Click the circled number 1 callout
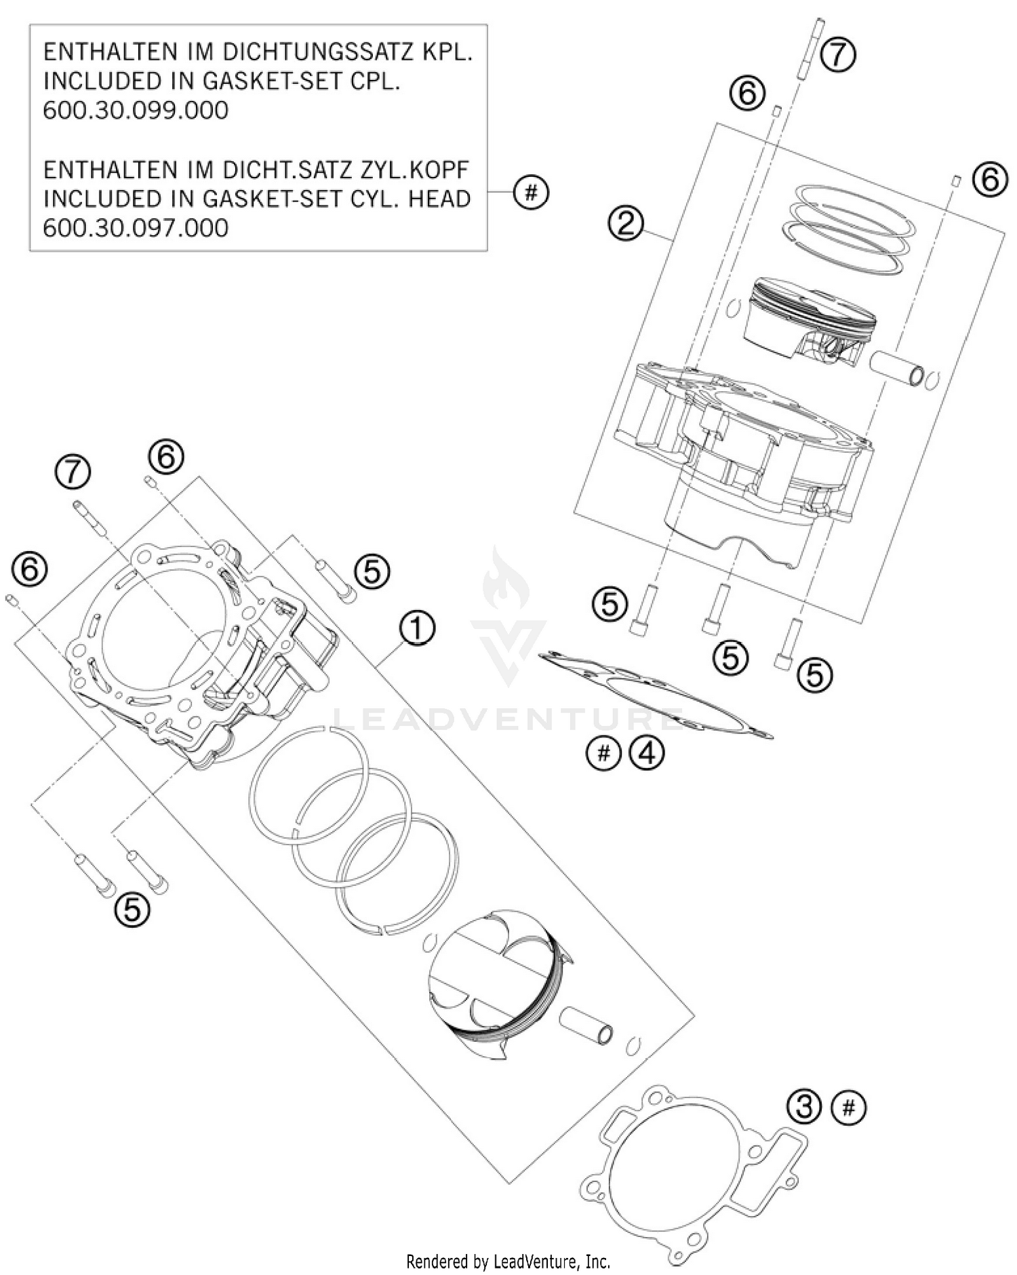click(x=416, y=628)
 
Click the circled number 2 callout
click(x=625, y=222)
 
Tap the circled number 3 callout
click(x=804, y=1107)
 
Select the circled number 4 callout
click(x=647, y=752)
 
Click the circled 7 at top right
click(x=838, y=54)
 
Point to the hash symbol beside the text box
click(x=531, y=193)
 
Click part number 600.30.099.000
click(x=136, y=110)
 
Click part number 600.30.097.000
click(x=136, y=227)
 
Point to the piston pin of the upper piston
click(x=899, y=369)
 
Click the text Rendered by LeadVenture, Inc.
click(x=508, y=1261)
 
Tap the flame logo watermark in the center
click(x=505, y=583)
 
